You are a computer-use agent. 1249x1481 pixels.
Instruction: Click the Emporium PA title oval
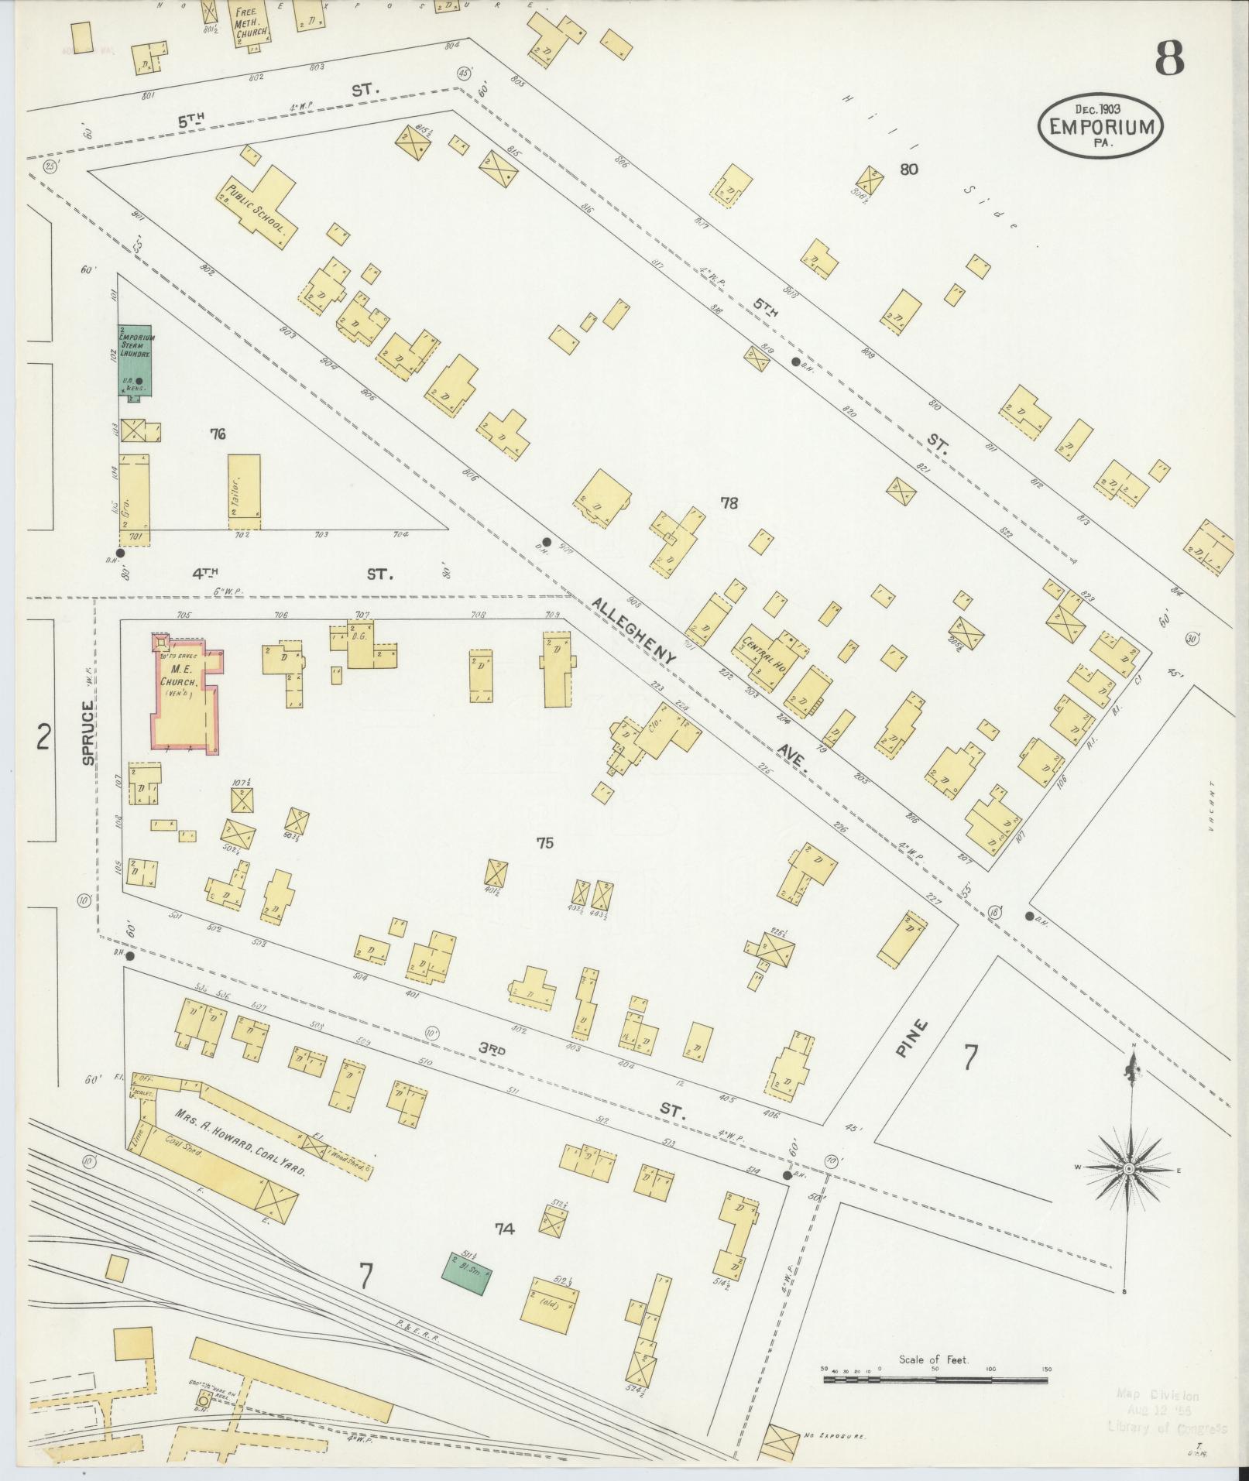click(x=1100, y=127)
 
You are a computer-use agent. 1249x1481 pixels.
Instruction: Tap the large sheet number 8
click(x=1170, y=58)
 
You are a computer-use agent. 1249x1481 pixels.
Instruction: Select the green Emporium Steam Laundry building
click(x=134, y=360)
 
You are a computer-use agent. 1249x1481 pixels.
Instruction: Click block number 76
click(x=218, y=434)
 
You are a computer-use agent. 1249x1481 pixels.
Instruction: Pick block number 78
click(x=729, y=503)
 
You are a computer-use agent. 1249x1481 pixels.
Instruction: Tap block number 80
click(x=908, y=169)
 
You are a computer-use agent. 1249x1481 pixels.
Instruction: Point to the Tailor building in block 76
click(x=244, y=491)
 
